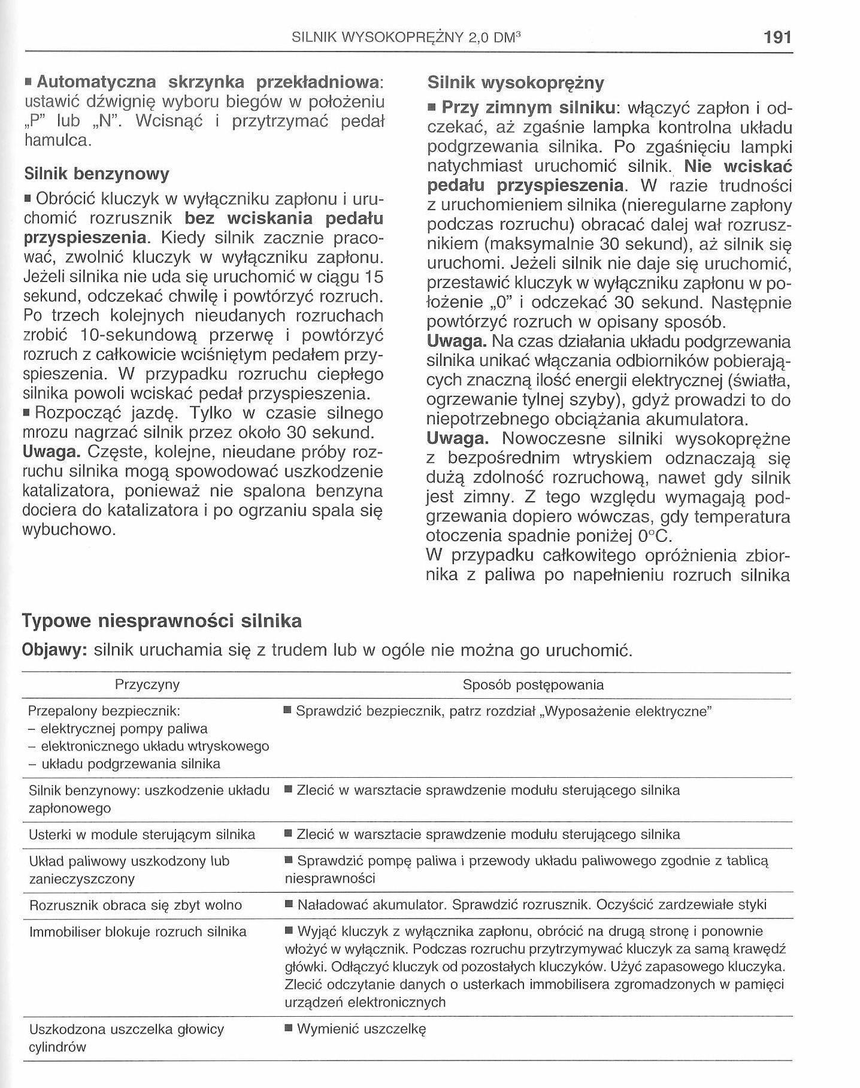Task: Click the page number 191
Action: click(778, 38)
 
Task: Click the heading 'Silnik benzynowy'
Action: click(96, 174)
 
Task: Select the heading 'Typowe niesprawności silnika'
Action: click(162, 621)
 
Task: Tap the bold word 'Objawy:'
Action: click(54, 650)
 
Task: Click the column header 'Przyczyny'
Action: click(147, 685)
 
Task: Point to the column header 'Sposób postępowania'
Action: click(533, 685)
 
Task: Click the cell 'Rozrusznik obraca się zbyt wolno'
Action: click(135, 905)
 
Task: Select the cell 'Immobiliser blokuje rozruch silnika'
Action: click(138, 932)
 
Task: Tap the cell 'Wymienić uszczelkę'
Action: click(361, 1029)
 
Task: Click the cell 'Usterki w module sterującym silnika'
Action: click(142, 835)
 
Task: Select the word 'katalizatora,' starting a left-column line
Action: click(68, 492)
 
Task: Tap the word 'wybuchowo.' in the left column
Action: click(68, 531)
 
